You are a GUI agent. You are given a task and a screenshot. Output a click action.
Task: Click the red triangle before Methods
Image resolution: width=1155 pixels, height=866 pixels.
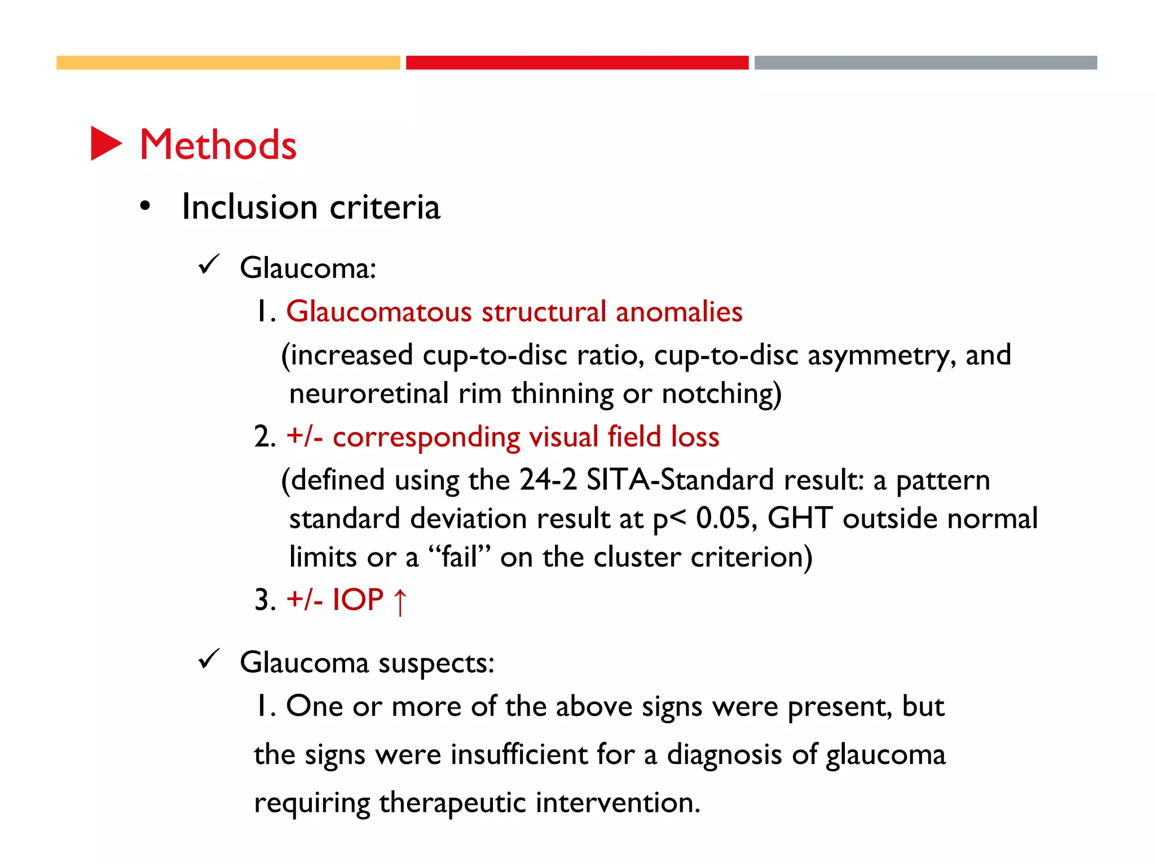[106, 144]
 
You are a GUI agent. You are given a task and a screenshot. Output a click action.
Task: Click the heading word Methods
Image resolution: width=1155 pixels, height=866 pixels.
[218, 145]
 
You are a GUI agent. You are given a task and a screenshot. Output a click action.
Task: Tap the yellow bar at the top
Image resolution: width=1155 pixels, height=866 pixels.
[228, 63]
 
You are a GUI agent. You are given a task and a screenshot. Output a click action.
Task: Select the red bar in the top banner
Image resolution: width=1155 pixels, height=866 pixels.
[577, 63]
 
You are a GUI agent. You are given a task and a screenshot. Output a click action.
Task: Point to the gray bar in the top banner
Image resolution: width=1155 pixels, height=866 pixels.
[925, 63]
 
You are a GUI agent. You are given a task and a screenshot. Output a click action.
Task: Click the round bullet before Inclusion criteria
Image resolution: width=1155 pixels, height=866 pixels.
[146, 206]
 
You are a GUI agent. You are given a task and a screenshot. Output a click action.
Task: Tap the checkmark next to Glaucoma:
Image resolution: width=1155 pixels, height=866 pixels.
[209, 264]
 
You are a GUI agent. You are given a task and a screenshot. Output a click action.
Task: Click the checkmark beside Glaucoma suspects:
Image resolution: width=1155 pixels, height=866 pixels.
[209, 659]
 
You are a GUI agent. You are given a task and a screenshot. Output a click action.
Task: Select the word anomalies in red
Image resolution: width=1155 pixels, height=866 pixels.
[679, 312]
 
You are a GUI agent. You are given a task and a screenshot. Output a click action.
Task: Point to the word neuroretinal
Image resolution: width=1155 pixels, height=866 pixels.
[368, 394]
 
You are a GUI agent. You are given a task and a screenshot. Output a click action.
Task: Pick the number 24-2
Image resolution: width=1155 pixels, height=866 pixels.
[548, 480]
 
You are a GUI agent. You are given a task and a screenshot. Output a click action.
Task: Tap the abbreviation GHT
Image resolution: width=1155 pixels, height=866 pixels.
[800, 518]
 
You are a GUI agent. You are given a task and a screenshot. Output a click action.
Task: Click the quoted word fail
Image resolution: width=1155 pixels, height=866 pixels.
[459, 557]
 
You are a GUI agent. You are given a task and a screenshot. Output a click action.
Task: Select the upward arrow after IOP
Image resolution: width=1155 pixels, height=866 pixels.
[400, 602]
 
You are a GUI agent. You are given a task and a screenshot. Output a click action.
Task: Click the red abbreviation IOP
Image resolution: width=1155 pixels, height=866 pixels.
[358, 599]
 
